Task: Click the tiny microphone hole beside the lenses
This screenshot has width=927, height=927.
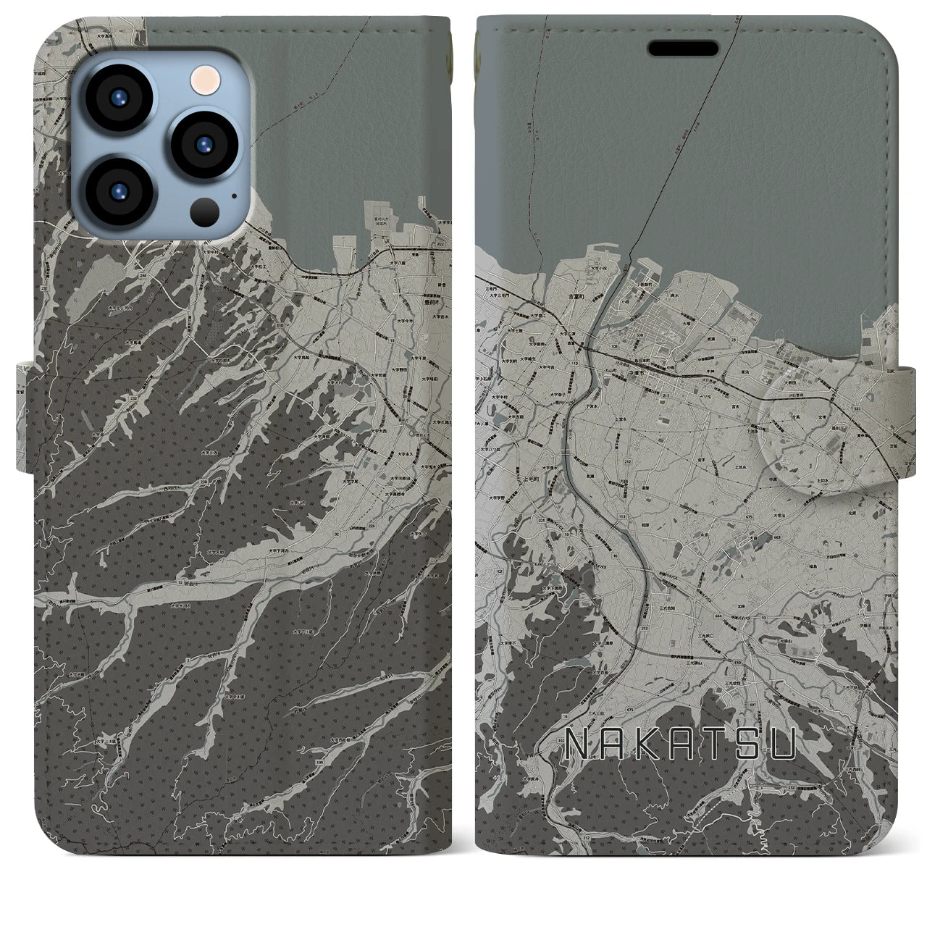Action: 233,194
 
